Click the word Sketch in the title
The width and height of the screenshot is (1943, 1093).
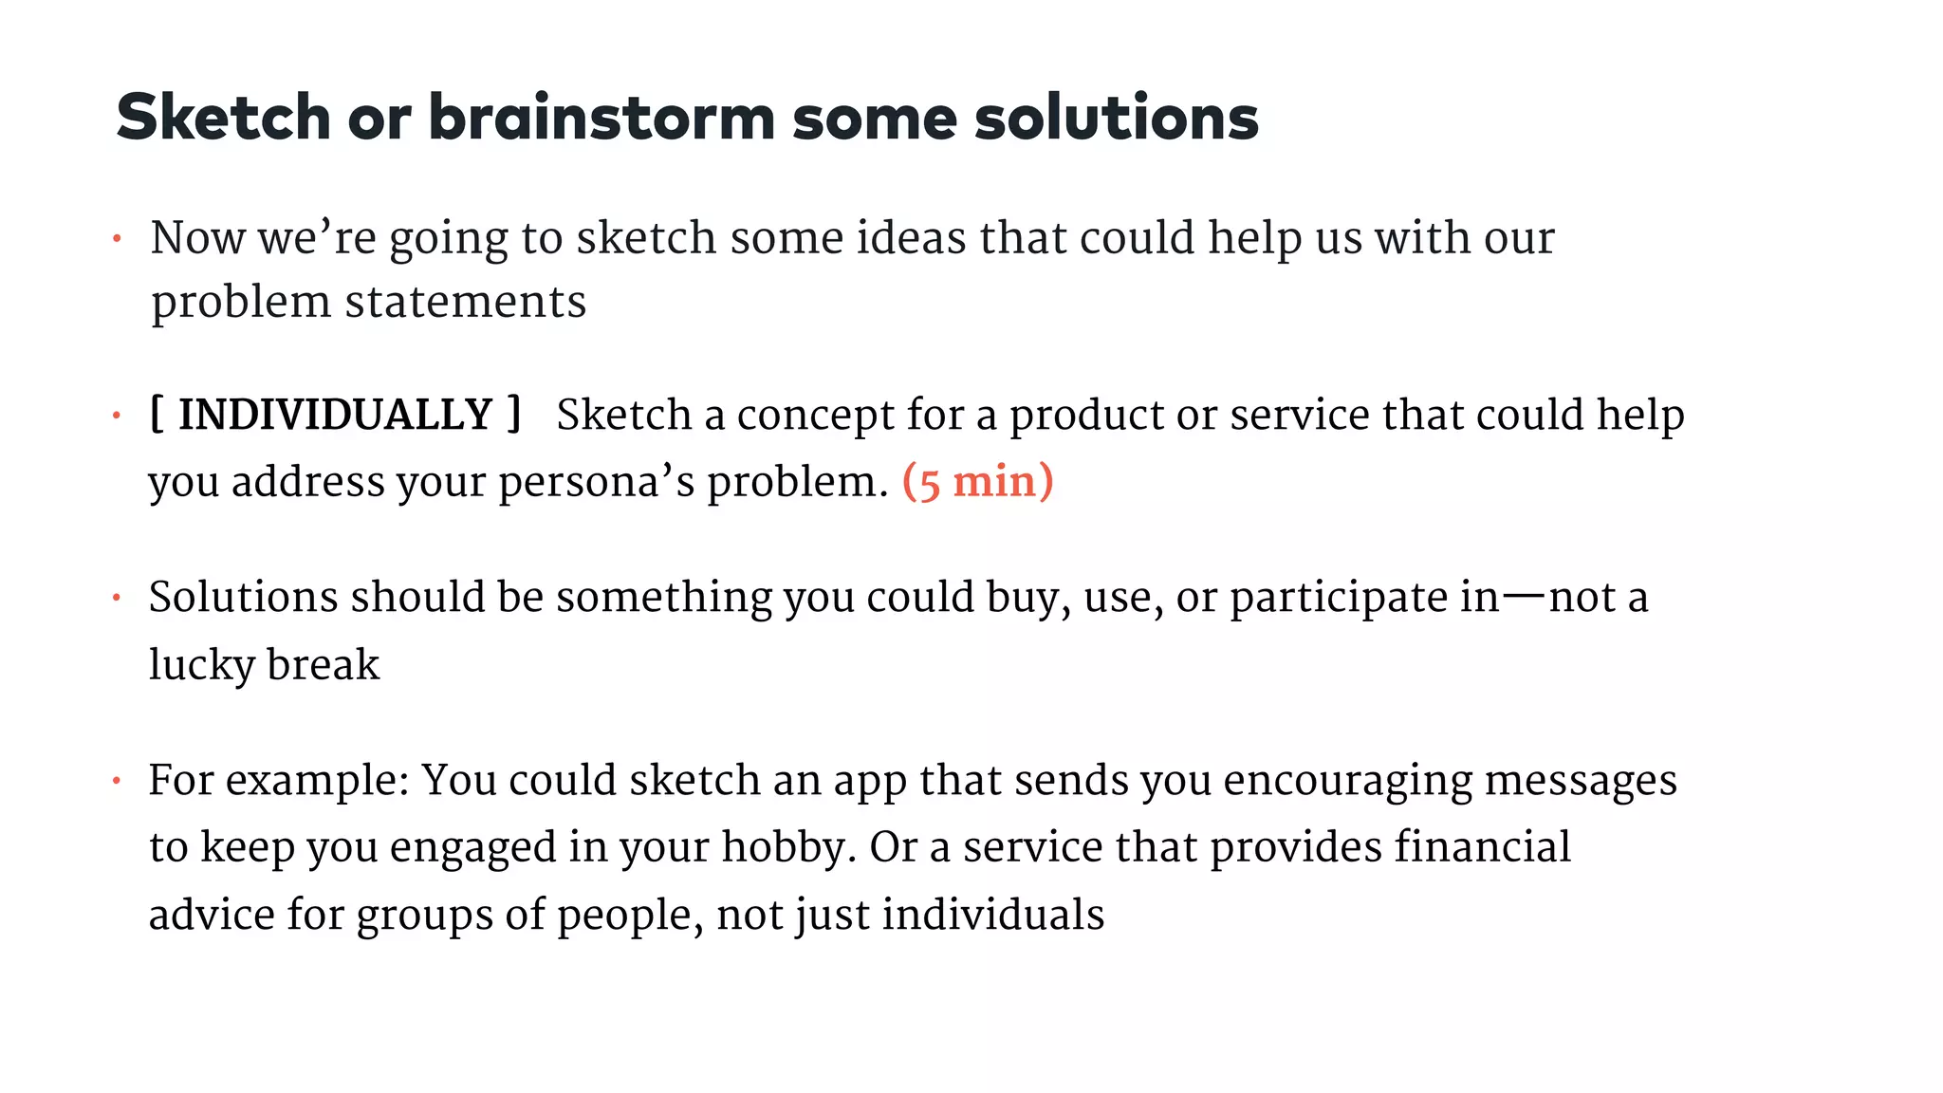point(223,118)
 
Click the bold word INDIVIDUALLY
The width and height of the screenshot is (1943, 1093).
point(335,416)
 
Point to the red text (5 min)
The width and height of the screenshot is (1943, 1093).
point(977,482)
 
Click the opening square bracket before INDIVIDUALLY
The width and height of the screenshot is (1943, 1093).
point(157,415)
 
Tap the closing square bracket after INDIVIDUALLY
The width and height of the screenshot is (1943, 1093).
point(514,415)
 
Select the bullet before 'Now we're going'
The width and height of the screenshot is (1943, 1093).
point(117,239)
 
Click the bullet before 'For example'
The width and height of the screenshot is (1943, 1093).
point(117,782)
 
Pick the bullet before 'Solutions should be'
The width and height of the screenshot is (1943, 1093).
point(117,599)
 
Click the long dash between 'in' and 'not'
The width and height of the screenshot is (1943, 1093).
point(1524,597)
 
